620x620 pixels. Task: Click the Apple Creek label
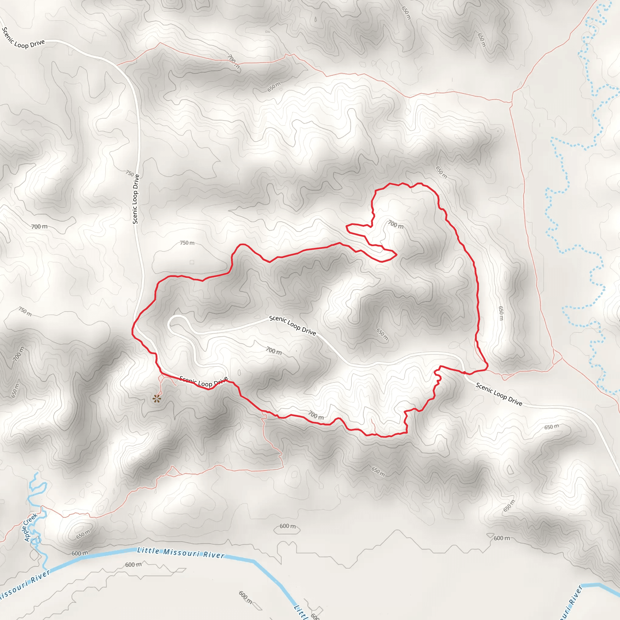tap(31, 527)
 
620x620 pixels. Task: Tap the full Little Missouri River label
tap(181, 553)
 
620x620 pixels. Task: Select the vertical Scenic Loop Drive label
tap(136, 199)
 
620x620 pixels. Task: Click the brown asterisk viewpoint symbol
tap(157, 399)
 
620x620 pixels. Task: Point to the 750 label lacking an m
tap(130, 173)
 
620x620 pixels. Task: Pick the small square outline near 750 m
tap(192, 262)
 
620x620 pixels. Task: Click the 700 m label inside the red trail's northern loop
tap(396, 224)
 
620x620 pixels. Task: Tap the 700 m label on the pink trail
tap(233, 62)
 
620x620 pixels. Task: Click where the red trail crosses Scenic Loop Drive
tap(464, 373)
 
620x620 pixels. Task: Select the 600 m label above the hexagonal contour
tap(288, 526)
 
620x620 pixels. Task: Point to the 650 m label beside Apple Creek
tap(83, 535)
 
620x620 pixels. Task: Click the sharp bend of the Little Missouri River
tap(255, 561)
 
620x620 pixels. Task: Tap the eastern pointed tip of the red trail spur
tap(397, 255)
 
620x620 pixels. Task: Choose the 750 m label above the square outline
tap(187, 243)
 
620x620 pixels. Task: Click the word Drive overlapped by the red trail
tap(221, 381)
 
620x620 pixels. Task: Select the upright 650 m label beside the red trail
tap(501, 313)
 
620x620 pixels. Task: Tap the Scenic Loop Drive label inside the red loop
tap(293, 325)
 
